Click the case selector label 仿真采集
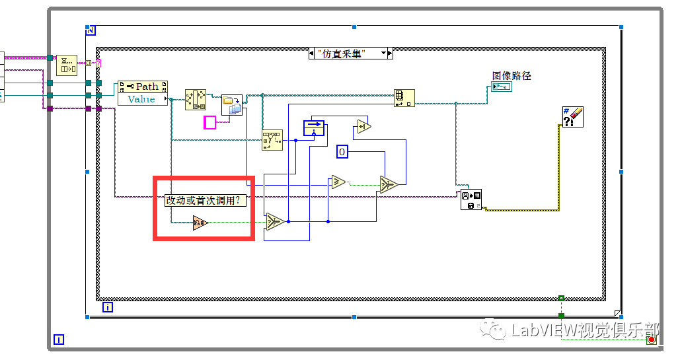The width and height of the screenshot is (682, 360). pos(351,54)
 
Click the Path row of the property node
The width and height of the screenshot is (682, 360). pos(143,87)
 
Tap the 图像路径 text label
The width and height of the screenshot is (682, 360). pos(511,76)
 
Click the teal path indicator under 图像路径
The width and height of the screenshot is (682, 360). pos(500,87)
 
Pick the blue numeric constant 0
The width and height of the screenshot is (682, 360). pos(342,152)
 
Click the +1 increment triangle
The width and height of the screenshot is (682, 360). pos(363,127)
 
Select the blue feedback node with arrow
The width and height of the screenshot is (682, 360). pos(314,127)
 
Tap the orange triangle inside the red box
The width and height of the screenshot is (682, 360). pos(200,223)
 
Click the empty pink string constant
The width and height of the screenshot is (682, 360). pos(209,122)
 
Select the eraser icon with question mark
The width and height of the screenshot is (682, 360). pos(572,117)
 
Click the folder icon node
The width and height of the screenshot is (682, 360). pos(232,105)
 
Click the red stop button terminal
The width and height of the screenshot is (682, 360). pos(651,340)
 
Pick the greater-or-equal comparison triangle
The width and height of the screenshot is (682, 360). pos(338,182)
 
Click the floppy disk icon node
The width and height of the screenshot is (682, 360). pos(471,199)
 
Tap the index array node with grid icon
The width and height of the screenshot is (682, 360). pos(403,98)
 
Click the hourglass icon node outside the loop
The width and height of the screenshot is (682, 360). pos(66,65)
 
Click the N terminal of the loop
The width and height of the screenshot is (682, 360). pos(91,30)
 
